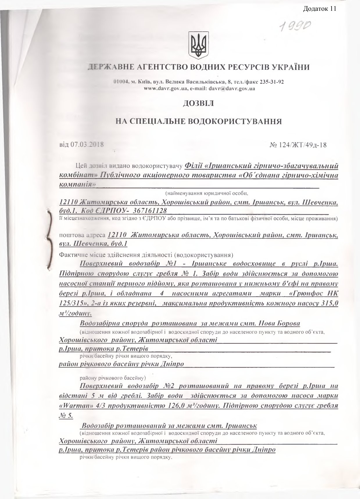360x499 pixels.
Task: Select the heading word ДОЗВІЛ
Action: [198, 103]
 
